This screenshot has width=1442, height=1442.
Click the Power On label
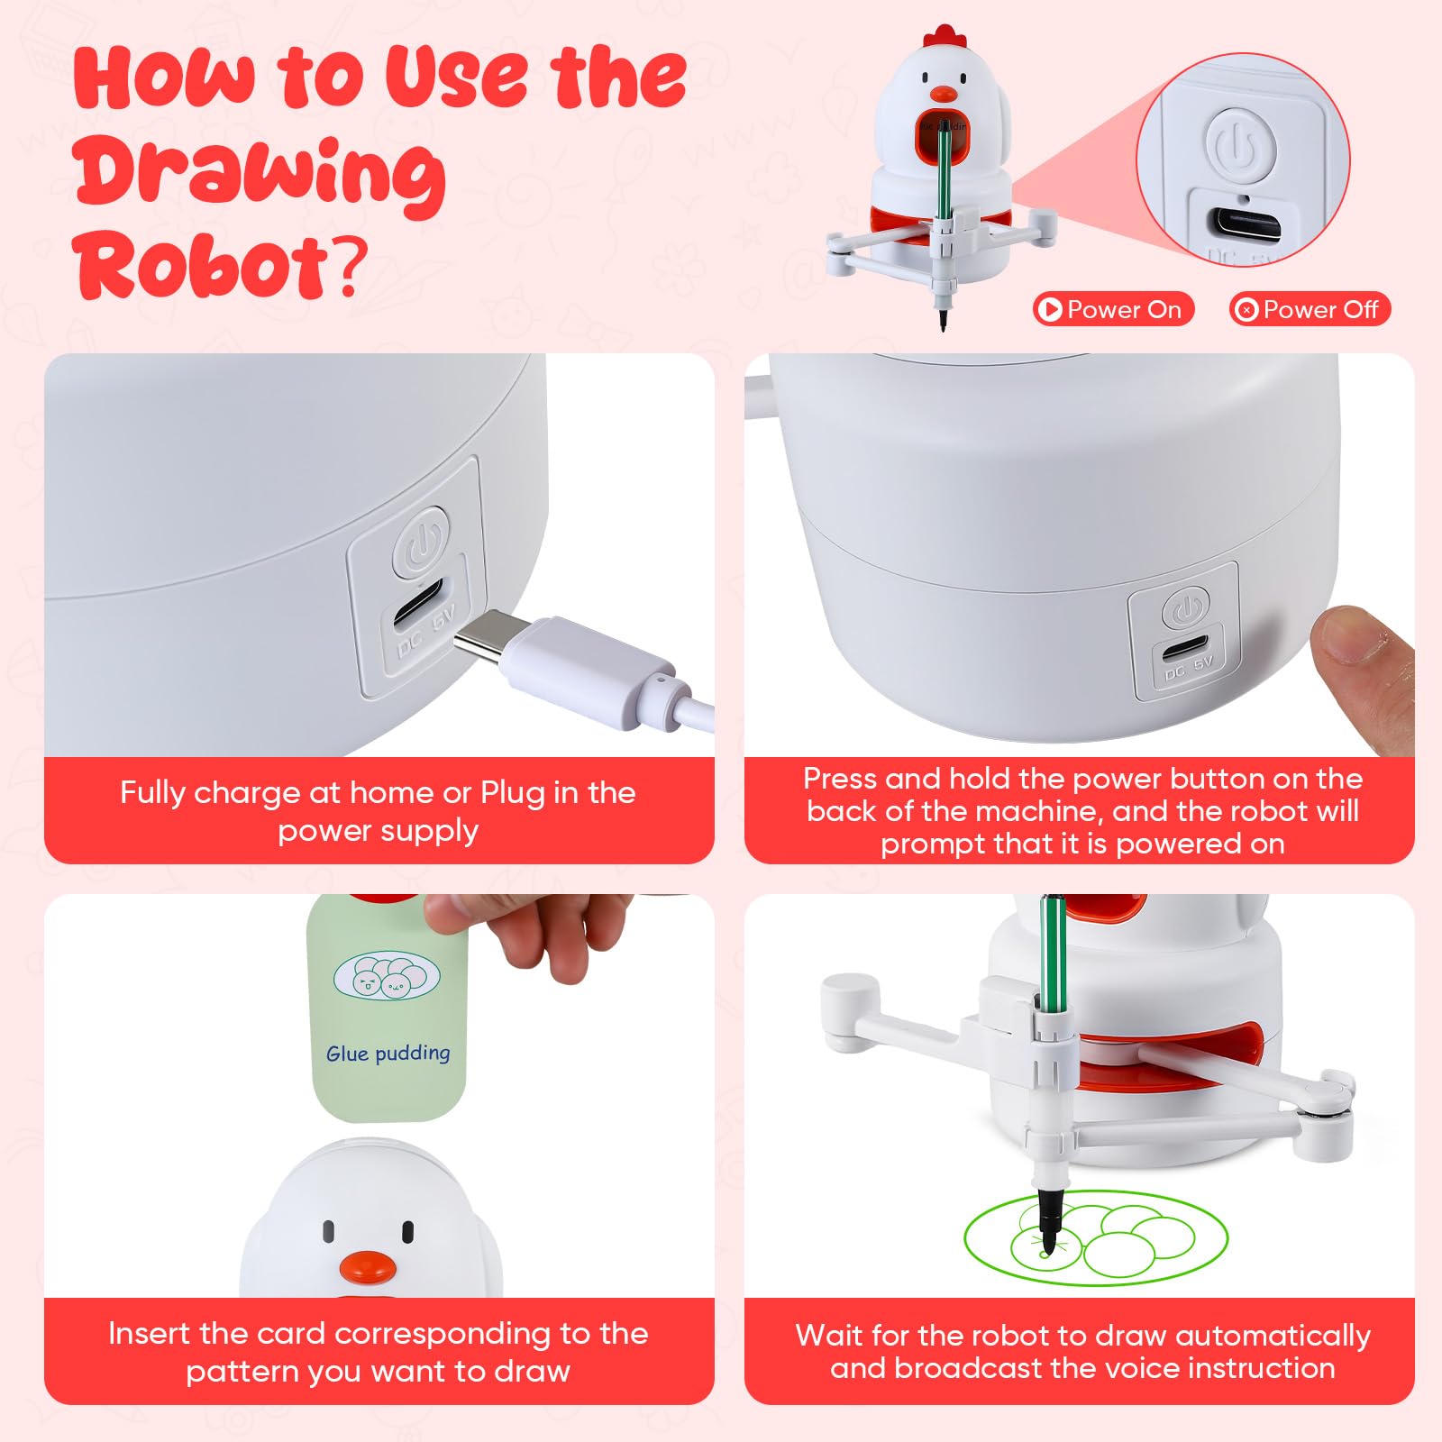pyautogui.click(x=1114, y=309)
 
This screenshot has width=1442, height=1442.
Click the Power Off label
pyautogui.click(x=1310, y=309)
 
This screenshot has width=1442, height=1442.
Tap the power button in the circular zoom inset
pyautogui.click(x=1240, y=143)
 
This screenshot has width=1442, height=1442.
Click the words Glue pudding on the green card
pyautogui.click(x=388, y=1053)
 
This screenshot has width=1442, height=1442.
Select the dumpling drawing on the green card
pyautogui.click(x=387, y=975)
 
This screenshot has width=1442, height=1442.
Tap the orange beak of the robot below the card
pyautogui.click(x=368, y=1267)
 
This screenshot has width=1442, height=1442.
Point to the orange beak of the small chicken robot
pyautogui.click(x=944, y=93)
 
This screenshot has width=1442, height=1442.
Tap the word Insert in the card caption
pyautogui.click(x=151, y=1333)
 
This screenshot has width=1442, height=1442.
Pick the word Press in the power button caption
pyautogui.click(x=840, y=778)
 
